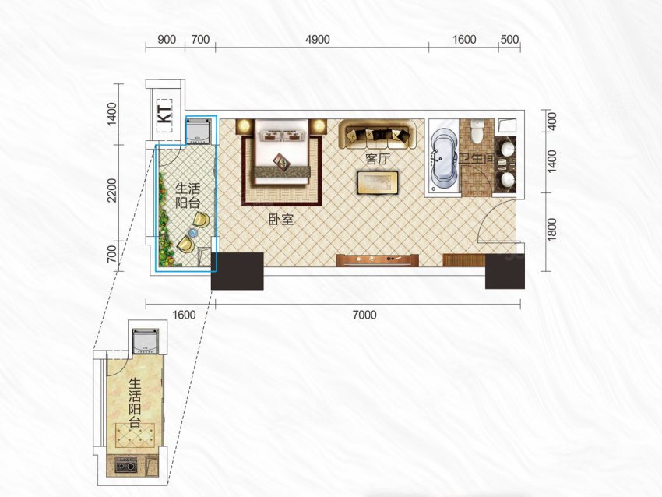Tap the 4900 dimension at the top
[318, 39]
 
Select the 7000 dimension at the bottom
[364, 315]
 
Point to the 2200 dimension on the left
[111, 190]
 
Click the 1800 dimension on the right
[551, 230]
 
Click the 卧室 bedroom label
[281, 219]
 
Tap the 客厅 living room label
[378, 159]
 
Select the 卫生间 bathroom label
[477, 159]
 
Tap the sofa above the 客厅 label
[378, 134]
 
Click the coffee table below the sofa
[378, 182]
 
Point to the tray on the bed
[282, 162]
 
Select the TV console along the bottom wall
[378, 260]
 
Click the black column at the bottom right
[505, 272]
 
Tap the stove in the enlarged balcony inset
[126, 466]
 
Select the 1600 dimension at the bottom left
[184, 315]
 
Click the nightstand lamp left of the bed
[243, 126]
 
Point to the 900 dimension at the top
[167, 39]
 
